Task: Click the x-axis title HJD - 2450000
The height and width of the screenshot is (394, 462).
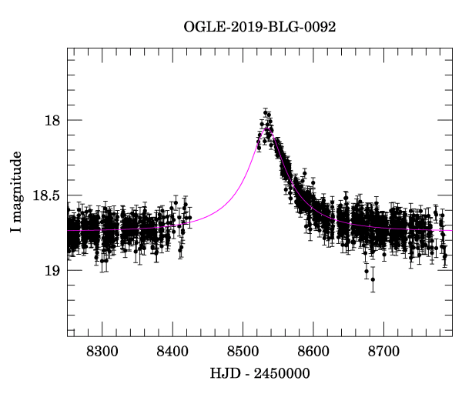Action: point(259,374)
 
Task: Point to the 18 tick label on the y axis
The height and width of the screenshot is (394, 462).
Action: point(50,121)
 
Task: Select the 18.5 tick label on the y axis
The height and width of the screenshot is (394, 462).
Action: point(44,196)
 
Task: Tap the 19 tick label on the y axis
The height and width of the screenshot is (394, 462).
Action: point(50,271)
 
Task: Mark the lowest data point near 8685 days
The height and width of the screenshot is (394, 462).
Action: point(373,279)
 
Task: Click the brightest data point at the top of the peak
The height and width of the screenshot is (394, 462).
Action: point(265,112)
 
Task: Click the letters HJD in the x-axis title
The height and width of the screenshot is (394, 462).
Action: point(223,374)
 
